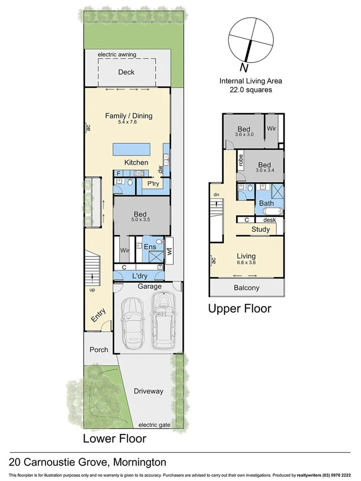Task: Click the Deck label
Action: (126, 72)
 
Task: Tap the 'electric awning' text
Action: (117, 55)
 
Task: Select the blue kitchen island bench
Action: (130, 150)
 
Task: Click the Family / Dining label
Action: (128, 115)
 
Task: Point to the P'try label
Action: (153, 184)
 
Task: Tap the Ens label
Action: (150, 246)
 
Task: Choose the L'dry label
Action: (139, 276)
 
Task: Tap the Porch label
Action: (98, 350)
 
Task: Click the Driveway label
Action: (148, 391)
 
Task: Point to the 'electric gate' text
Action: (154, 425)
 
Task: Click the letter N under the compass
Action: (244, 68)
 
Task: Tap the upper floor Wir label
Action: (271, 129)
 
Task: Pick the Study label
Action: (260, 230)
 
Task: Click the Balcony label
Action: (247, 288)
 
